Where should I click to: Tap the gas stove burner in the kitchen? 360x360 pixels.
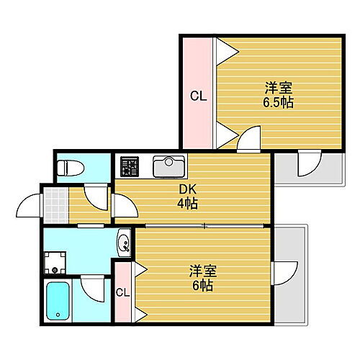130,167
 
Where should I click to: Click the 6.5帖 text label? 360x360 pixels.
278,102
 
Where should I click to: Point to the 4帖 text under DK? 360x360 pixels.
188,204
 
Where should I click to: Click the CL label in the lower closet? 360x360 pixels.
123,292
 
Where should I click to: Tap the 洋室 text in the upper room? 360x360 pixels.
278,88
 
